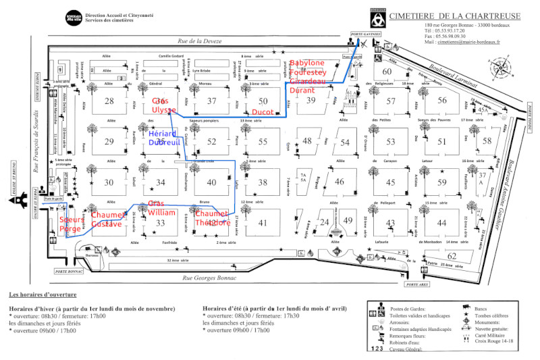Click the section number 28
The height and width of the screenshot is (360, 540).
[109, 101]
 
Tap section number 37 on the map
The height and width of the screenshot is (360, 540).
[212, 101]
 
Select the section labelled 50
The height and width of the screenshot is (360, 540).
[263, 101]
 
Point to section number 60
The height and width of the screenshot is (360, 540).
[387, 72]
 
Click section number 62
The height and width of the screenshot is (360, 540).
[452, 255]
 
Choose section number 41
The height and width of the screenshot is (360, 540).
[263, 223]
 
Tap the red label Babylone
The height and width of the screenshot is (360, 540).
[306, 63]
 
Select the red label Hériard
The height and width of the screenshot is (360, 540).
[161, 134]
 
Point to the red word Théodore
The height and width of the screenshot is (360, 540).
[212, 224]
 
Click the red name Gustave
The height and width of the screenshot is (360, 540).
[106, 224]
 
